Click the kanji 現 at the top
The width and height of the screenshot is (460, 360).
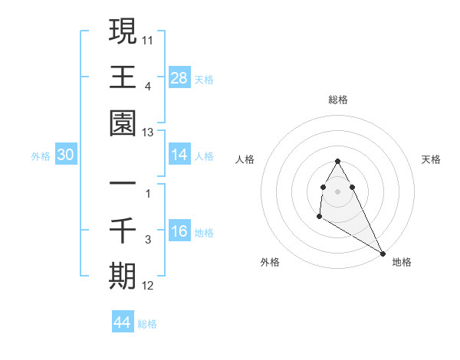[123, 32]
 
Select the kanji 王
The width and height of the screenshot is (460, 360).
[123, 77]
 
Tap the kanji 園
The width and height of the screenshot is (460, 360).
[123, 123]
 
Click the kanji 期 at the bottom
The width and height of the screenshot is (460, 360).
[123, 275]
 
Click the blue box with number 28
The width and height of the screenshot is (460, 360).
[179, 77]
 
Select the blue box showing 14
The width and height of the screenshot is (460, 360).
[179, 155]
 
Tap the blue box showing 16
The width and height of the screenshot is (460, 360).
[179, 231]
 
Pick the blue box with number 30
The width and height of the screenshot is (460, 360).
[65, 155]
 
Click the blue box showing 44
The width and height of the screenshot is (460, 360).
[123, 322]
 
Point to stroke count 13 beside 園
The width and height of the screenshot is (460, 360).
[147, 133]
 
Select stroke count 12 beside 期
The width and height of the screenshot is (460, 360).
[147, 286]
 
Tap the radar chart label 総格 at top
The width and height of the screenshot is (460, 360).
[338, 100]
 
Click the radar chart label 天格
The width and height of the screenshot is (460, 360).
[432, 159]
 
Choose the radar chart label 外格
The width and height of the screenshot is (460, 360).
[270, 262]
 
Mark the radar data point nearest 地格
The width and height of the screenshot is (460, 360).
[383, 254]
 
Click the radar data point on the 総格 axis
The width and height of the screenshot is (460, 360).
[338, 162]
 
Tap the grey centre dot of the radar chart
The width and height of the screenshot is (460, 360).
[338, 191]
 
